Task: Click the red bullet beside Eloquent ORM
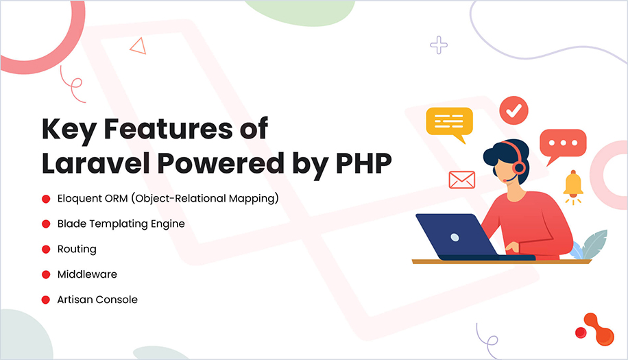[46, 199]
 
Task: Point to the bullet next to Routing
[46, 249]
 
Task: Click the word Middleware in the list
[87, 274]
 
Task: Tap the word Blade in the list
[72, 224]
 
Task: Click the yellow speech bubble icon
[449, 123]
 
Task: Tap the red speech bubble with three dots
[562, 145]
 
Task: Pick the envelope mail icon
[461, 180]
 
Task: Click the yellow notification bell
[572, 185]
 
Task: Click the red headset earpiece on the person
[518, 167]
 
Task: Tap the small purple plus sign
[438, 45]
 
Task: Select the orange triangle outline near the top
[138, 47]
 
